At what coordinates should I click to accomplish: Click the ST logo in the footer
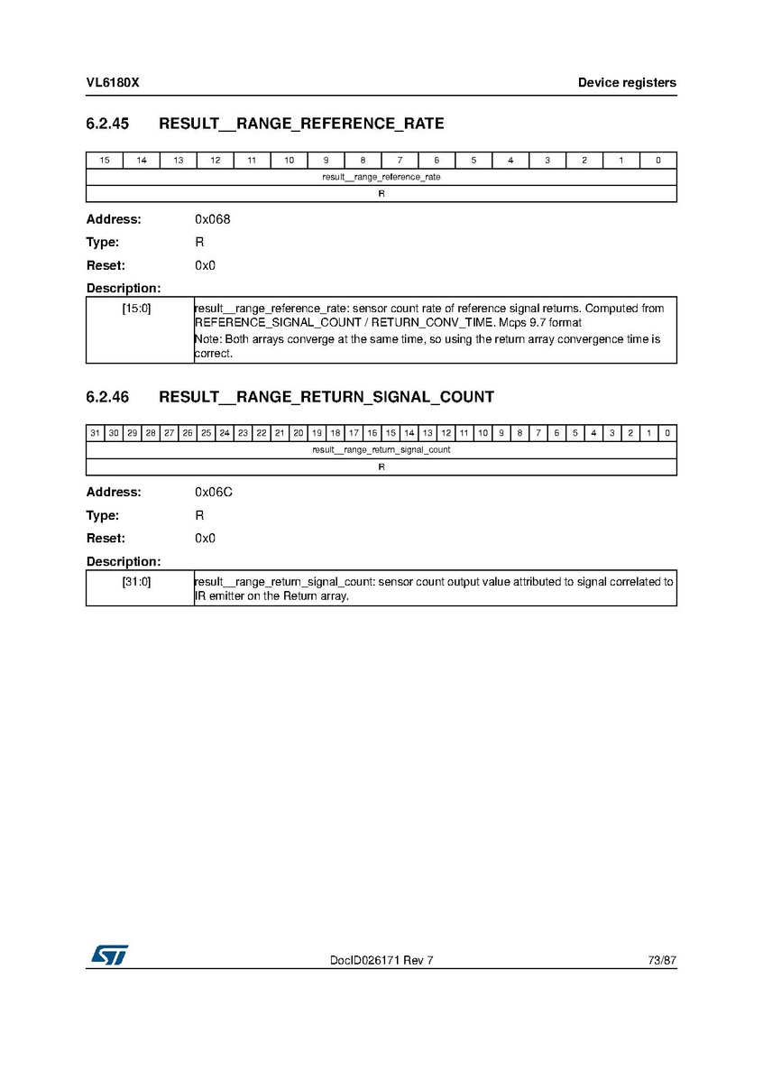pos(108,955)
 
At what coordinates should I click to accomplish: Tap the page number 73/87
pos(661,960)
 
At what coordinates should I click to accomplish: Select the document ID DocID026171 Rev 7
pos(381,960)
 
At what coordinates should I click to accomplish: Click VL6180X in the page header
pos(113,83)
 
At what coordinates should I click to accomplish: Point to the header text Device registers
pos(627,83)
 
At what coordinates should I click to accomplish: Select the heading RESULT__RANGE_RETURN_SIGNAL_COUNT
pos(326,397)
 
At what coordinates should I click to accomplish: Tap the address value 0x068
pos(213,219)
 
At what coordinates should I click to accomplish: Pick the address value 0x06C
pos(214,493)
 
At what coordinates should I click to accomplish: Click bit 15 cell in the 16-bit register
pos(105,161)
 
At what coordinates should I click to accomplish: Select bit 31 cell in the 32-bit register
pos(95,433)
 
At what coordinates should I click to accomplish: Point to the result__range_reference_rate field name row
pos(381,177)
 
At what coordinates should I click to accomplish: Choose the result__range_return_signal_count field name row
pos(381,449)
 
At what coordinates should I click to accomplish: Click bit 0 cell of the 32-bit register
pos(667,433)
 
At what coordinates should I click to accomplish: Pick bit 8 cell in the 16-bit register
pos(363,161)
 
